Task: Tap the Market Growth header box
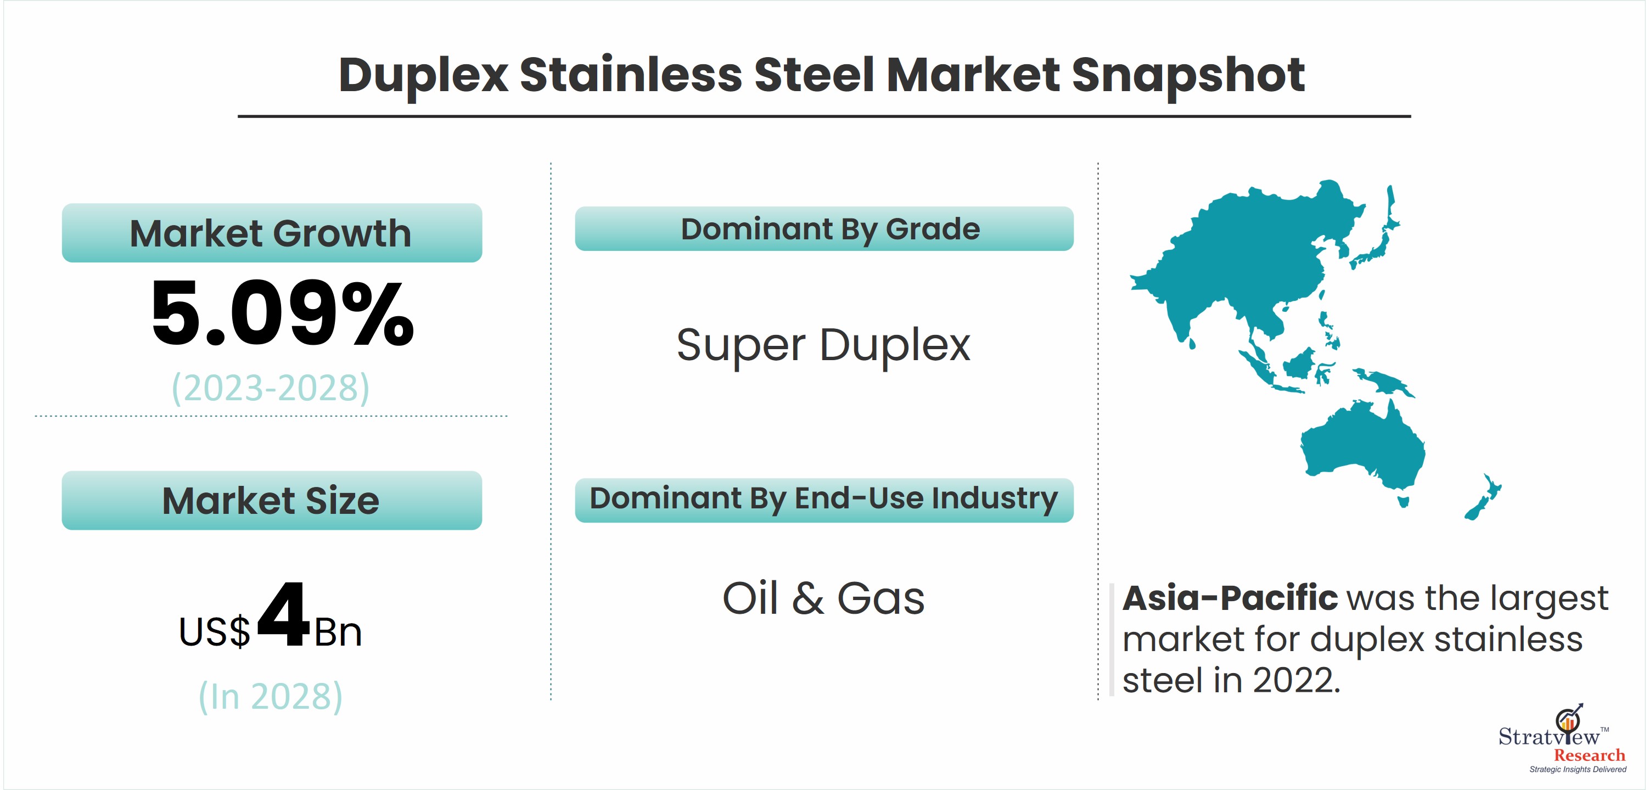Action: (x=272, y=232)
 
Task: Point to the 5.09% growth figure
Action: (x=282, y=313)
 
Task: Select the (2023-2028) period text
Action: (x=271, y=388)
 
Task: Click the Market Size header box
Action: (x=272, y=500)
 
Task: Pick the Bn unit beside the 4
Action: (x=338, y=632)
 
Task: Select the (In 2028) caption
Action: (x=271, y=697)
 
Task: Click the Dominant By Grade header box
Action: (x=824, y=228)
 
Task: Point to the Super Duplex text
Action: (x=823, y=346)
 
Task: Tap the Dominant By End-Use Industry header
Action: (x=824, y=500)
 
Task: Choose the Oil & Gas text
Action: (x=823, y=598)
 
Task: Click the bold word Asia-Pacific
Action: (x=1230, y=598)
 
